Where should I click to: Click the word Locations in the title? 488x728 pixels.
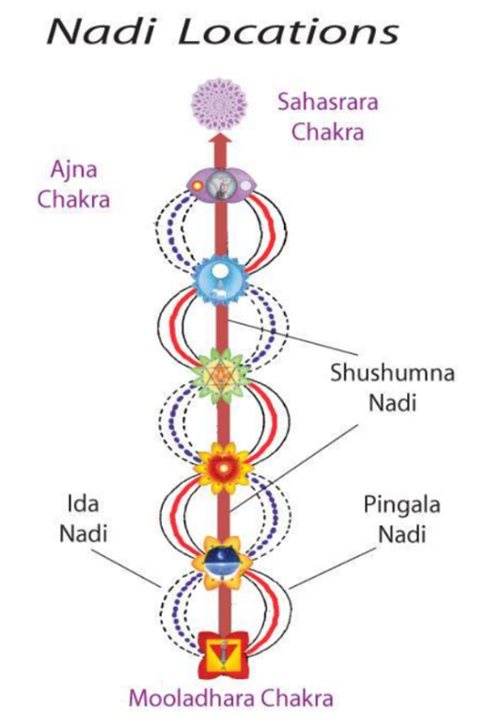[x=289, y=32]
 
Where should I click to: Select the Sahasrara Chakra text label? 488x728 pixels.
[x=327, y=117]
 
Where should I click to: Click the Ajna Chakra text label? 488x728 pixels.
[x=74, y=184]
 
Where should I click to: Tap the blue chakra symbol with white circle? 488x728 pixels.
[x=220, y=281]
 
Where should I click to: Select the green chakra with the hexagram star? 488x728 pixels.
[x=221, y=375]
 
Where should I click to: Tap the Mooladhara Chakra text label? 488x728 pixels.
[x=231, y=698]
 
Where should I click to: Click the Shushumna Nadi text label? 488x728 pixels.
[x=392, y=387]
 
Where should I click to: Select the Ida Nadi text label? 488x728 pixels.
[x=83, y=519]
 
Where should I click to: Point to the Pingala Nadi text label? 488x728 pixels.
[x=401, y=519]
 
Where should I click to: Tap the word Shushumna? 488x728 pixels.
[x=392, y=373]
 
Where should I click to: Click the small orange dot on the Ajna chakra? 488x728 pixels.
[x=197, y=186]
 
